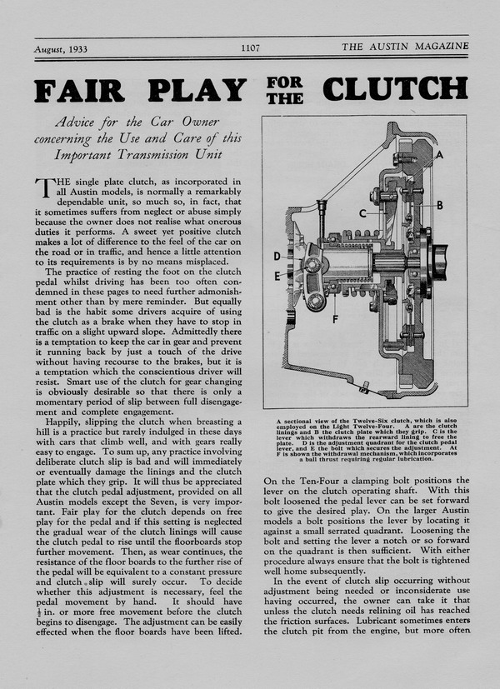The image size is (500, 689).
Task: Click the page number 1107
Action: tap(250, 48)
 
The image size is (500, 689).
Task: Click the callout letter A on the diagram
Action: tap(461, 155)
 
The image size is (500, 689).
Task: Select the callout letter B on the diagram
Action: tap(462, 204)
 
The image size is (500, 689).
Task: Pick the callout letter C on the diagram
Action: tap(362, 214)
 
